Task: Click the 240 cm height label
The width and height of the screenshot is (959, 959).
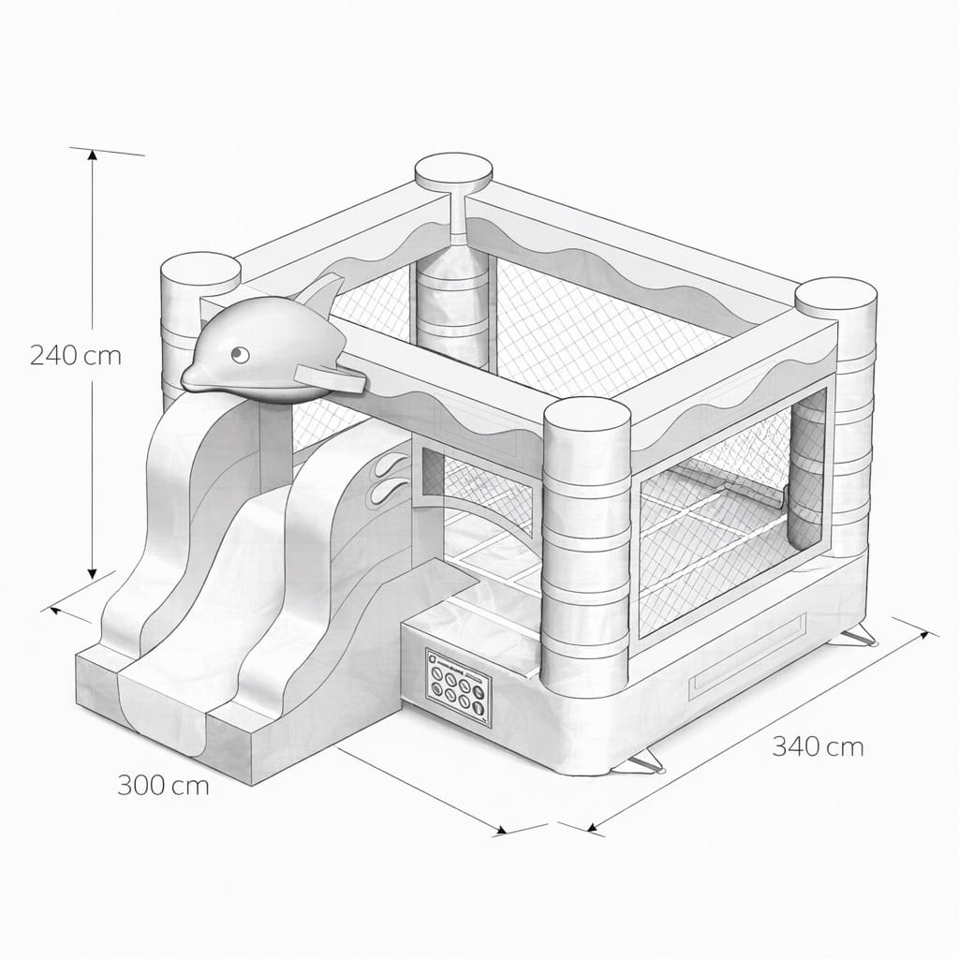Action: pos(76,355)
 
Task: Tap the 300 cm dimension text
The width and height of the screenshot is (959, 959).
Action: pos(163,786)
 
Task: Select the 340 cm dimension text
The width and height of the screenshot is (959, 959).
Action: pos(818,746)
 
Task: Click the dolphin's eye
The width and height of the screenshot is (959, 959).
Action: pos(239,353)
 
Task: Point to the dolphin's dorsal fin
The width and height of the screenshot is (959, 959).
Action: pos(321,292)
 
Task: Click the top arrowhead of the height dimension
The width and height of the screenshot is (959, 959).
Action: pos(93,155)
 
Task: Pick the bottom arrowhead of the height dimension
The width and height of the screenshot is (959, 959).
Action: pos(93,572)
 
